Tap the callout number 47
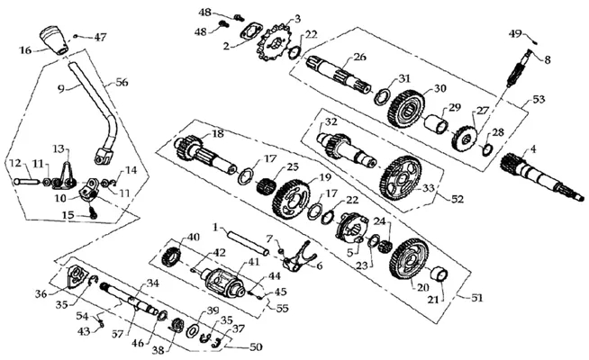point(100,37)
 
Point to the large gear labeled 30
point(408,109)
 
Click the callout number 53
point(539,100)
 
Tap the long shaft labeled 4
point(542,176)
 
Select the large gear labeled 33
point(403,177)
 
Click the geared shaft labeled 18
point(205,154)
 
